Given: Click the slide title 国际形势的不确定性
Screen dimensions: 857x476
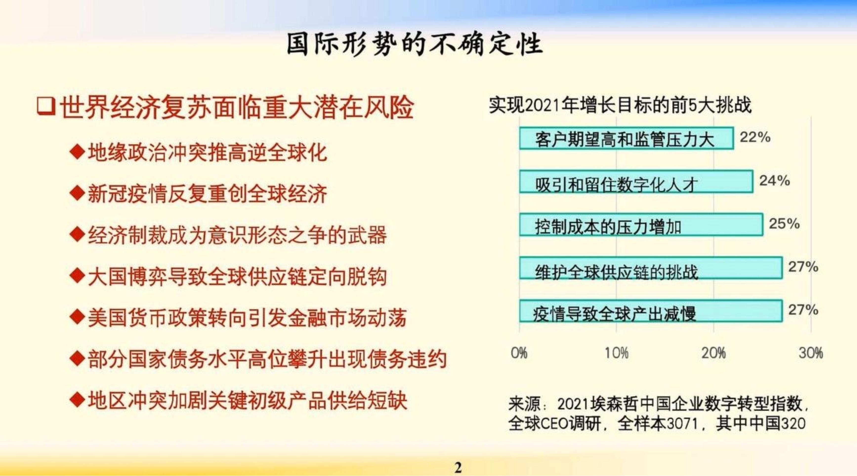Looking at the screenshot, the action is tap(415, 44).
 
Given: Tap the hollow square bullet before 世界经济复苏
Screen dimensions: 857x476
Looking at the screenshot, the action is tap(46, 107).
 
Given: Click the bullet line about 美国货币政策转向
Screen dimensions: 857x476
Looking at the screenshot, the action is tap(238, 318).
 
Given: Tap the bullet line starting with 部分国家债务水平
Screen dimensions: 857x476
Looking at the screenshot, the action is tap(258, 359).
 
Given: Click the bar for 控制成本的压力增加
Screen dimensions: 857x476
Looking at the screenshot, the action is tap(641, 225).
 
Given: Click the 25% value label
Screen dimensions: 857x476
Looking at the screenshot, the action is tap(784, 223).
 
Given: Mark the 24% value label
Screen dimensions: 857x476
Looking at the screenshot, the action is tap(774, 181).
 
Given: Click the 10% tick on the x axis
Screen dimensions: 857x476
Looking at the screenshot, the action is tap(616, 353).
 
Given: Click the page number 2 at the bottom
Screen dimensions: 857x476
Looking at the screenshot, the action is tap(458, 468).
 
